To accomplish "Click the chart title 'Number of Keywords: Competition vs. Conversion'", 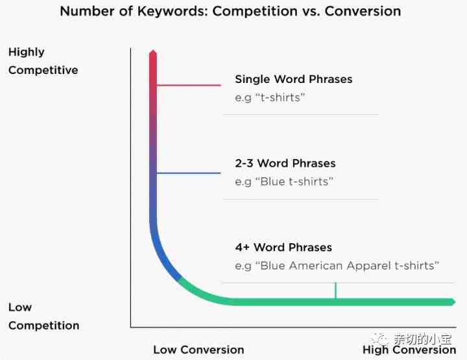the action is [x=230, y=11].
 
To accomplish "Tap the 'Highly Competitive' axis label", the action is [x=43, y=61].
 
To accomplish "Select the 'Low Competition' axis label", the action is [x=44, y=317].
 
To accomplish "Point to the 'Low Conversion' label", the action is [x=198, y=350].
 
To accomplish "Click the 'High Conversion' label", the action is [x=409, y=350].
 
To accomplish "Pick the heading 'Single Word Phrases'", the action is [x=294, y=79].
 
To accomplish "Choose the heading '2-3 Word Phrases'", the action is [x=285, y=163].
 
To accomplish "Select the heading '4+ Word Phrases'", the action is [x=283, y=247].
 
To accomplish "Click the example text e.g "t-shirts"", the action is [x=270, y=98].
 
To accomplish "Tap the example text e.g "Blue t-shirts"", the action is [x=284, y=182].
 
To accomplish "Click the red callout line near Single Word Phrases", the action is [x=189, y=85].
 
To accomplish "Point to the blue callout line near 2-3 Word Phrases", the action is [x=188, y=173].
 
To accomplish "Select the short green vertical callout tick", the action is [x=336, y=291].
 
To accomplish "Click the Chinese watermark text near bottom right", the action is [x=423, y=339].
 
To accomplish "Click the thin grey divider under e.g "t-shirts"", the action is [x=301, y=114].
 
